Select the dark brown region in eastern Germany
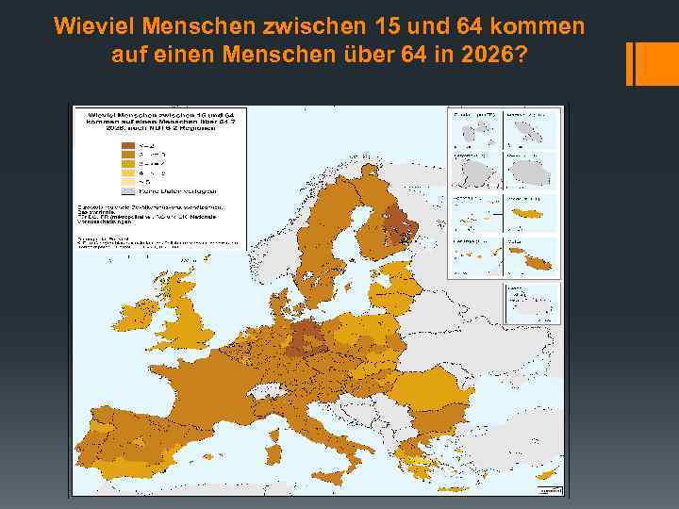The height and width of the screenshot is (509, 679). coord(304,337)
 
